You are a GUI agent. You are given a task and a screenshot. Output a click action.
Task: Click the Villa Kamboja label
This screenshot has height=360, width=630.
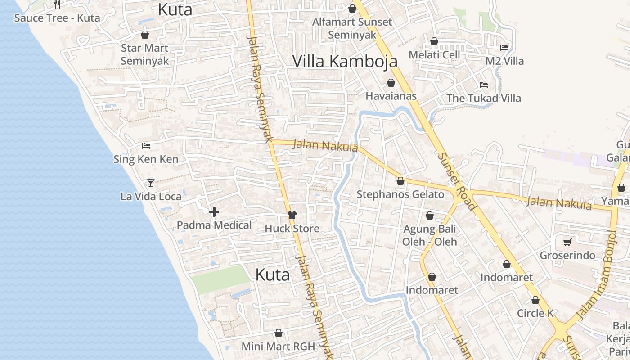(x=345, y=61)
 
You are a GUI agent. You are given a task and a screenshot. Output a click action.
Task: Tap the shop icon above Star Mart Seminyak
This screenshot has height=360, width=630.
(x=145, y=35)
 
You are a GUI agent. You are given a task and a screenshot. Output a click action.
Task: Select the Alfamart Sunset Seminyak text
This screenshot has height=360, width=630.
(x=352, y=28)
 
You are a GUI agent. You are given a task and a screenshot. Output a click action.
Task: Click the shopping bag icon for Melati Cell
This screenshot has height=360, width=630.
(x=434, y=42)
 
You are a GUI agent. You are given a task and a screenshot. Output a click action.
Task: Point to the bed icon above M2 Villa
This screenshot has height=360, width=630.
(x=504, y=47)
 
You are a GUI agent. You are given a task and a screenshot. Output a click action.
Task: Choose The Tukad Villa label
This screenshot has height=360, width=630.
(x=483, y=98)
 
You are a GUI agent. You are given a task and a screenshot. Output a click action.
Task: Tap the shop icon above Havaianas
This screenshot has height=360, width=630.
(x=391, y=83)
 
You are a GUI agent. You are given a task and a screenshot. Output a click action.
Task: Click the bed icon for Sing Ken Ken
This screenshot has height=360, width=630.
(x=146, y=145)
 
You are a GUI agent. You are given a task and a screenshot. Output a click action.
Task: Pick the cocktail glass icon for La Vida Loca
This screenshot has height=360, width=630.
(x=151, y=183)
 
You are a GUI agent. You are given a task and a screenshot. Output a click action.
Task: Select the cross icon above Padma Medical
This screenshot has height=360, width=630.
(x=214, y=212)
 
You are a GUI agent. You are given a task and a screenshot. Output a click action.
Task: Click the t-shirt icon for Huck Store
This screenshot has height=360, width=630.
(x=292, y=215)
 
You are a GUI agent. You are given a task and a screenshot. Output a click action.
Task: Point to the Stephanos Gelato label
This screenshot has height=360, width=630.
(x=400, y=194)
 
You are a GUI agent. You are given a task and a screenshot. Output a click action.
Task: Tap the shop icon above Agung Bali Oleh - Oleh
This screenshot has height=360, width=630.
(x=430, y=216)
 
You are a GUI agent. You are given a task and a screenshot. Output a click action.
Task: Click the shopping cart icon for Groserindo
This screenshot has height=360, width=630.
(x=567, y=242)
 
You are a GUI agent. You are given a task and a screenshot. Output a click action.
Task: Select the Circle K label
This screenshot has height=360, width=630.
(x=535, y=313)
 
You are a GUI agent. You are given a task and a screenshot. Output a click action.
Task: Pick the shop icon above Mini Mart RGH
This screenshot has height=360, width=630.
(x=279, y=333)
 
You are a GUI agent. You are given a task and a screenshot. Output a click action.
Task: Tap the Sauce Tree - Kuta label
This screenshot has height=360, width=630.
(x=57, y=18)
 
